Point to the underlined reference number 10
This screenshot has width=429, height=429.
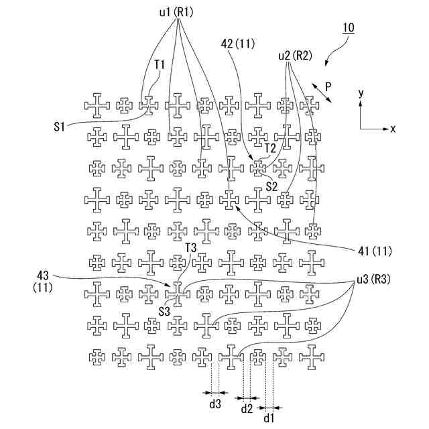[349, 29]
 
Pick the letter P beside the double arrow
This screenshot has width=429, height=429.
[328, 86]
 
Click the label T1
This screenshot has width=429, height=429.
[160, 64]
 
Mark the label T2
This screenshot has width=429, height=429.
[270, 147]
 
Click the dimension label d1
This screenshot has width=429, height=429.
[269, 418]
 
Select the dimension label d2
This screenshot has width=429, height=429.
[247, 408]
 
